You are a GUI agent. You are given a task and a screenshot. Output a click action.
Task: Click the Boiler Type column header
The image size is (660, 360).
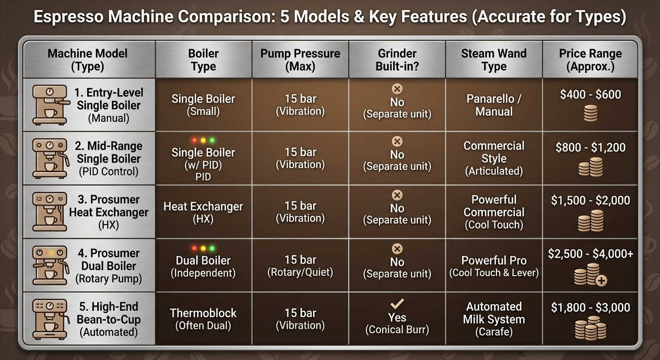tap(203, 60)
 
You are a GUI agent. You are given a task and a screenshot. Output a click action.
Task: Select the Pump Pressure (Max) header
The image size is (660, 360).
tap(300, 60)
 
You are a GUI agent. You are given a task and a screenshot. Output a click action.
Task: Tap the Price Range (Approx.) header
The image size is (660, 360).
tap(591, 60)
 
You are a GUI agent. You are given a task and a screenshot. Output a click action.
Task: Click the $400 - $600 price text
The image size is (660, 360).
tap(591, 94)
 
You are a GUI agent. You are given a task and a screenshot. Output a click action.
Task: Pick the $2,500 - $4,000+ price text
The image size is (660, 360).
tap(591, 254)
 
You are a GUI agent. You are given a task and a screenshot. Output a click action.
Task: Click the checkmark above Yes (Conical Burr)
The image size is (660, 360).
tap(397, 303)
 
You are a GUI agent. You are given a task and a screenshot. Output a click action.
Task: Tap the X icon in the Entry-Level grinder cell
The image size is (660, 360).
tap(397, 89)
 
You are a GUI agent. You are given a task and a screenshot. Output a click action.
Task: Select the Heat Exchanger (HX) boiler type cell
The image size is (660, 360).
tap(203, 212)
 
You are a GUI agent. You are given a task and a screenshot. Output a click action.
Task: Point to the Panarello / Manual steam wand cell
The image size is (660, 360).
tap(494, 105)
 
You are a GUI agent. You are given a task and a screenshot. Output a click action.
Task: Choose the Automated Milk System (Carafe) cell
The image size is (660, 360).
tap(494, 319)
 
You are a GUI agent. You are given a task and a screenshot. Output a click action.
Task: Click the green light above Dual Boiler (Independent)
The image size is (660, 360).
tap(212, 248)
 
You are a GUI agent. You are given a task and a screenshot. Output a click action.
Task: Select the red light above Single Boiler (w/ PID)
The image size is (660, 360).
tap(195, 141)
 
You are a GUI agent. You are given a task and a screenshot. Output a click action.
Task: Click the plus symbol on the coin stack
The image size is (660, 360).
tap(601, 280)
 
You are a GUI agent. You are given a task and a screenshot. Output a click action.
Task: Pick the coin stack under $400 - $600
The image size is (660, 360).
tap(591, 113)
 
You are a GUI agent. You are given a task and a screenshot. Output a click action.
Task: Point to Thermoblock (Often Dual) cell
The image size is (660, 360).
tap(203, 319)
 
